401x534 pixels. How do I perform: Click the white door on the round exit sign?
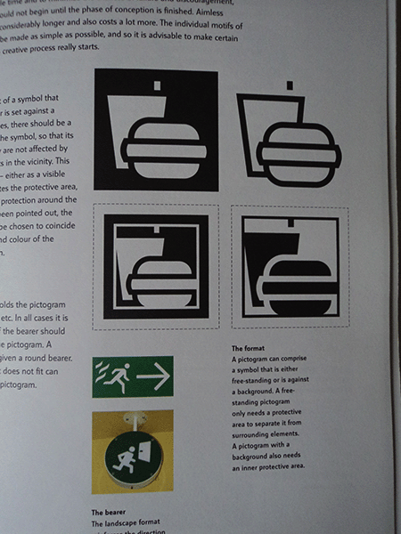coord(147,457)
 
